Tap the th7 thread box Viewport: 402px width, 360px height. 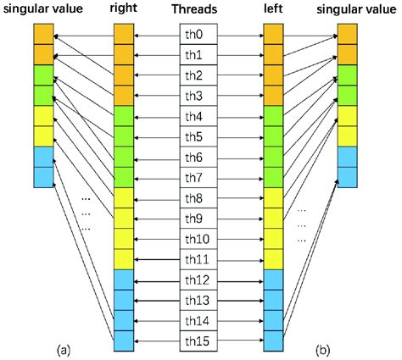click(198, 178)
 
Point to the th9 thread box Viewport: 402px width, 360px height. click(198, 219)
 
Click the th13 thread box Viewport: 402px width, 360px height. click(198, 301)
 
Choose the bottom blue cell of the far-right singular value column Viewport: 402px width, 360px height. click(348, 176)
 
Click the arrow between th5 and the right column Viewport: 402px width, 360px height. click(157, 136)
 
